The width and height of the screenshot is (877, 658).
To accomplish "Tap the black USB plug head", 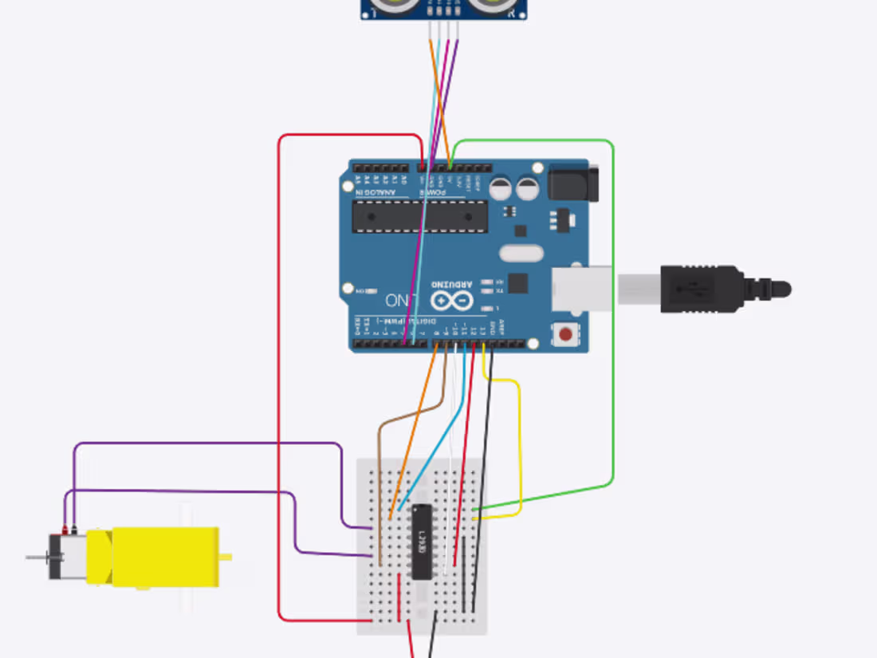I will pyautogui.click(x=702, y=289).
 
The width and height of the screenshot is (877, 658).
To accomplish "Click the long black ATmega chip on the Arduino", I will pyautogui.click(x=419, y=216).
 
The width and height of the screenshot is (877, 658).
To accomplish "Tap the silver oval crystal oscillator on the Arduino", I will pyautogui.click(x=521, y=254).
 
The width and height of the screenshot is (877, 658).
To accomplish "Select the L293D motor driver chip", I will pyautogui.click(x=422, y=542).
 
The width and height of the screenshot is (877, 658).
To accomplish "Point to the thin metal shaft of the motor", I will pyautogui.click(x=37, y=557).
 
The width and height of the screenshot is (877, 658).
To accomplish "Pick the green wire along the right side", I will pyautogui.click(x=612, y=319).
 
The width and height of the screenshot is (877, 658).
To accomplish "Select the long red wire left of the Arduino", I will pyautogui.click(x=279, y=383).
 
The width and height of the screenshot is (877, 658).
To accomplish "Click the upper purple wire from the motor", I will pyautogui.click(x=207, y=443).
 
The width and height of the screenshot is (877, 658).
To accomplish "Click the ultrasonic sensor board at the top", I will pyautogui.click(x=442, y=8).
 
